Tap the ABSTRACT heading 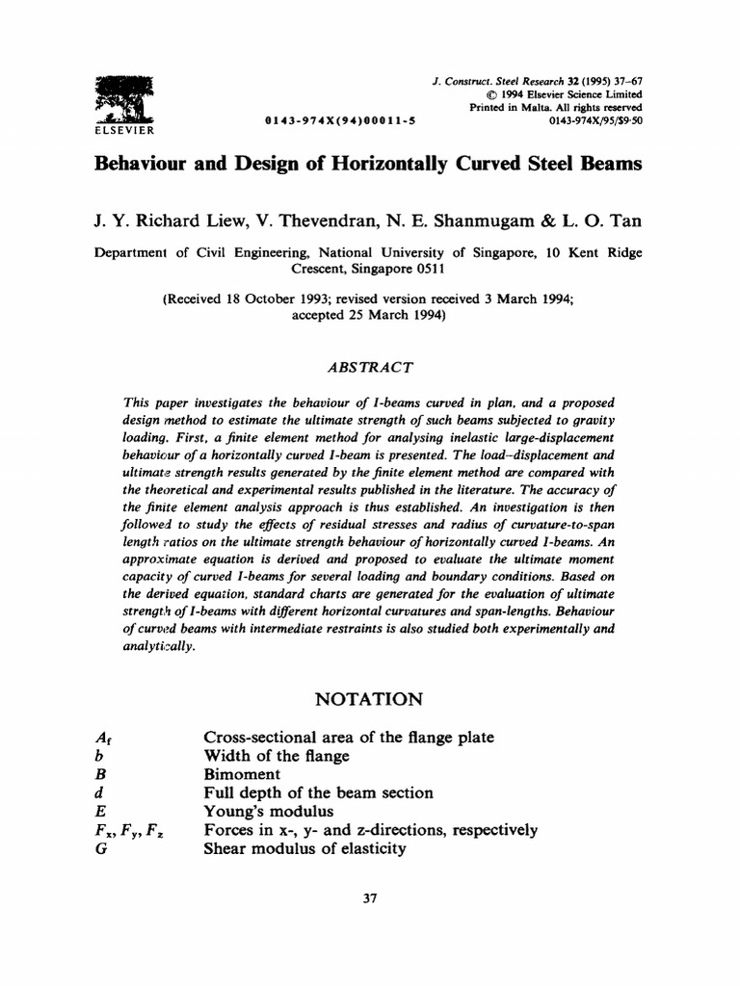click(370, 366)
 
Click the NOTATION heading click(370, 697)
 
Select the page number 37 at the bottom click(370, 898)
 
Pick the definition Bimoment click(242, 774)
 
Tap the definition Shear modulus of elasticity click(304, 848)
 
